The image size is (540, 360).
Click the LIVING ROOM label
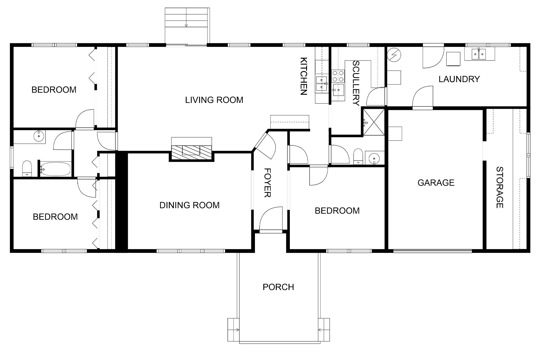214,100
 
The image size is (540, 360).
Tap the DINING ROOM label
189,205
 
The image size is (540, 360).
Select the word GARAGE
436,183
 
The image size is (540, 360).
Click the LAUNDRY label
459,79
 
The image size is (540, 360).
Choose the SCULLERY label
356,83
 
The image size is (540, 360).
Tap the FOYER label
267,183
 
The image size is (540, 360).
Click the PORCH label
278,287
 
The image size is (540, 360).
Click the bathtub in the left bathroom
55,169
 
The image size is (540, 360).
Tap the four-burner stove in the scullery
338,75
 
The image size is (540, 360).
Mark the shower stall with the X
374,122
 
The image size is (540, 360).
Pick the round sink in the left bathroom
38,136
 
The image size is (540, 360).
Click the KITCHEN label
303,76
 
